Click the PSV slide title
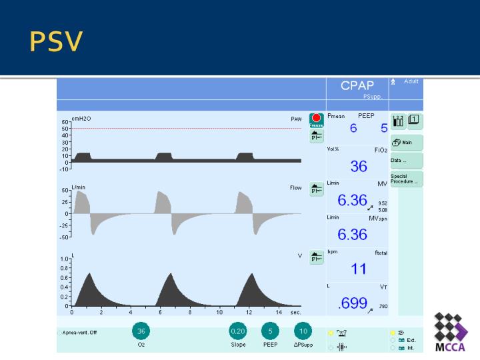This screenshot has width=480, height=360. coord(56,41)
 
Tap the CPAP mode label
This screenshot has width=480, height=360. coord(357,85)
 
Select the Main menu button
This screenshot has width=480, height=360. coord(405,142)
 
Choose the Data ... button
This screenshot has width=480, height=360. coord(405,161)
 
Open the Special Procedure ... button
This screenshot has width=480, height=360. coord(405,179)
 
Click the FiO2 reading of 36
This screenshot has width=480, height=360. coord(359,166)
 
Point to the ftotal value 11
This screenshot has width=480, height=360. coord(359,269)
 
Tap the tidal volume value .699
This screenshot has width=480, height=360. coord(353,303)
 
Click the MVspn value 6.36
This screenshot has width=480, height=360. coord(352,234)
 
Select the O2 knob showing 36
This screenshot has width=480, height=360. coord(141,331)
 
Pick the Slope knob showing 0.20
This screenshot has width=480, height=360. coord(237,331)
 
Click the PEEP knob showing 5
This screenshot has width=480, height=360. coord(270,331)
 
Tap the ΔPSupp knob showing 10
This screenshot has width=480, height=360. coord(303,331)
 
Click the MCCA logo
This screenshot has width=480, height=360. coord(451,331)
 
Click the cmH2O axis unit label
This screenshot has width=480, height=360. coord(81,119)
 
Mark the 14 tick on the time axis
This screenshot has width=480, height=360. coord(278,312)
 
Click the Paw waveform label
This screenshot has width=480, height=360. coord(296,119)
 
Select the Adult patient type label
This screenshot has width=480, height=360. coord(411,81)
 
